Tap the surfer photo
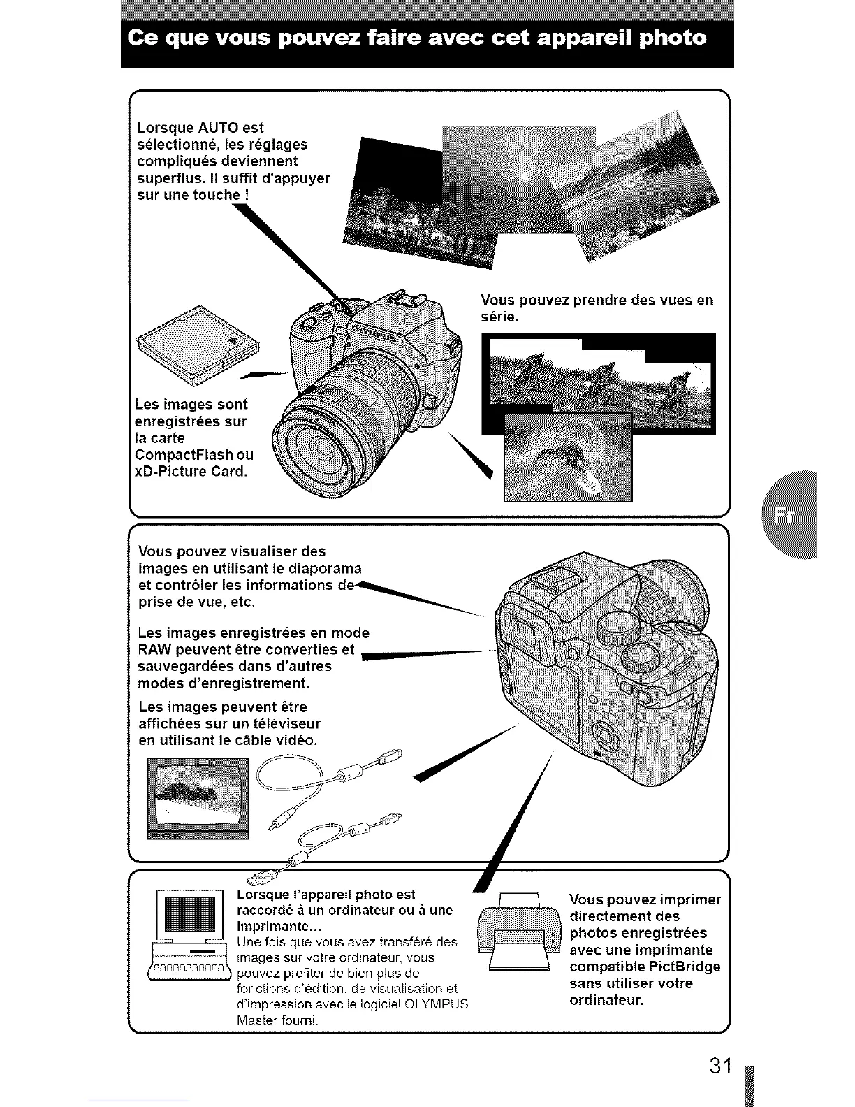(567, 456)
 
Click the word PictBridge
(685, 967)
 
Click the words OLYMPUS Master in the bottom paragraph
(385, 1004)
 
